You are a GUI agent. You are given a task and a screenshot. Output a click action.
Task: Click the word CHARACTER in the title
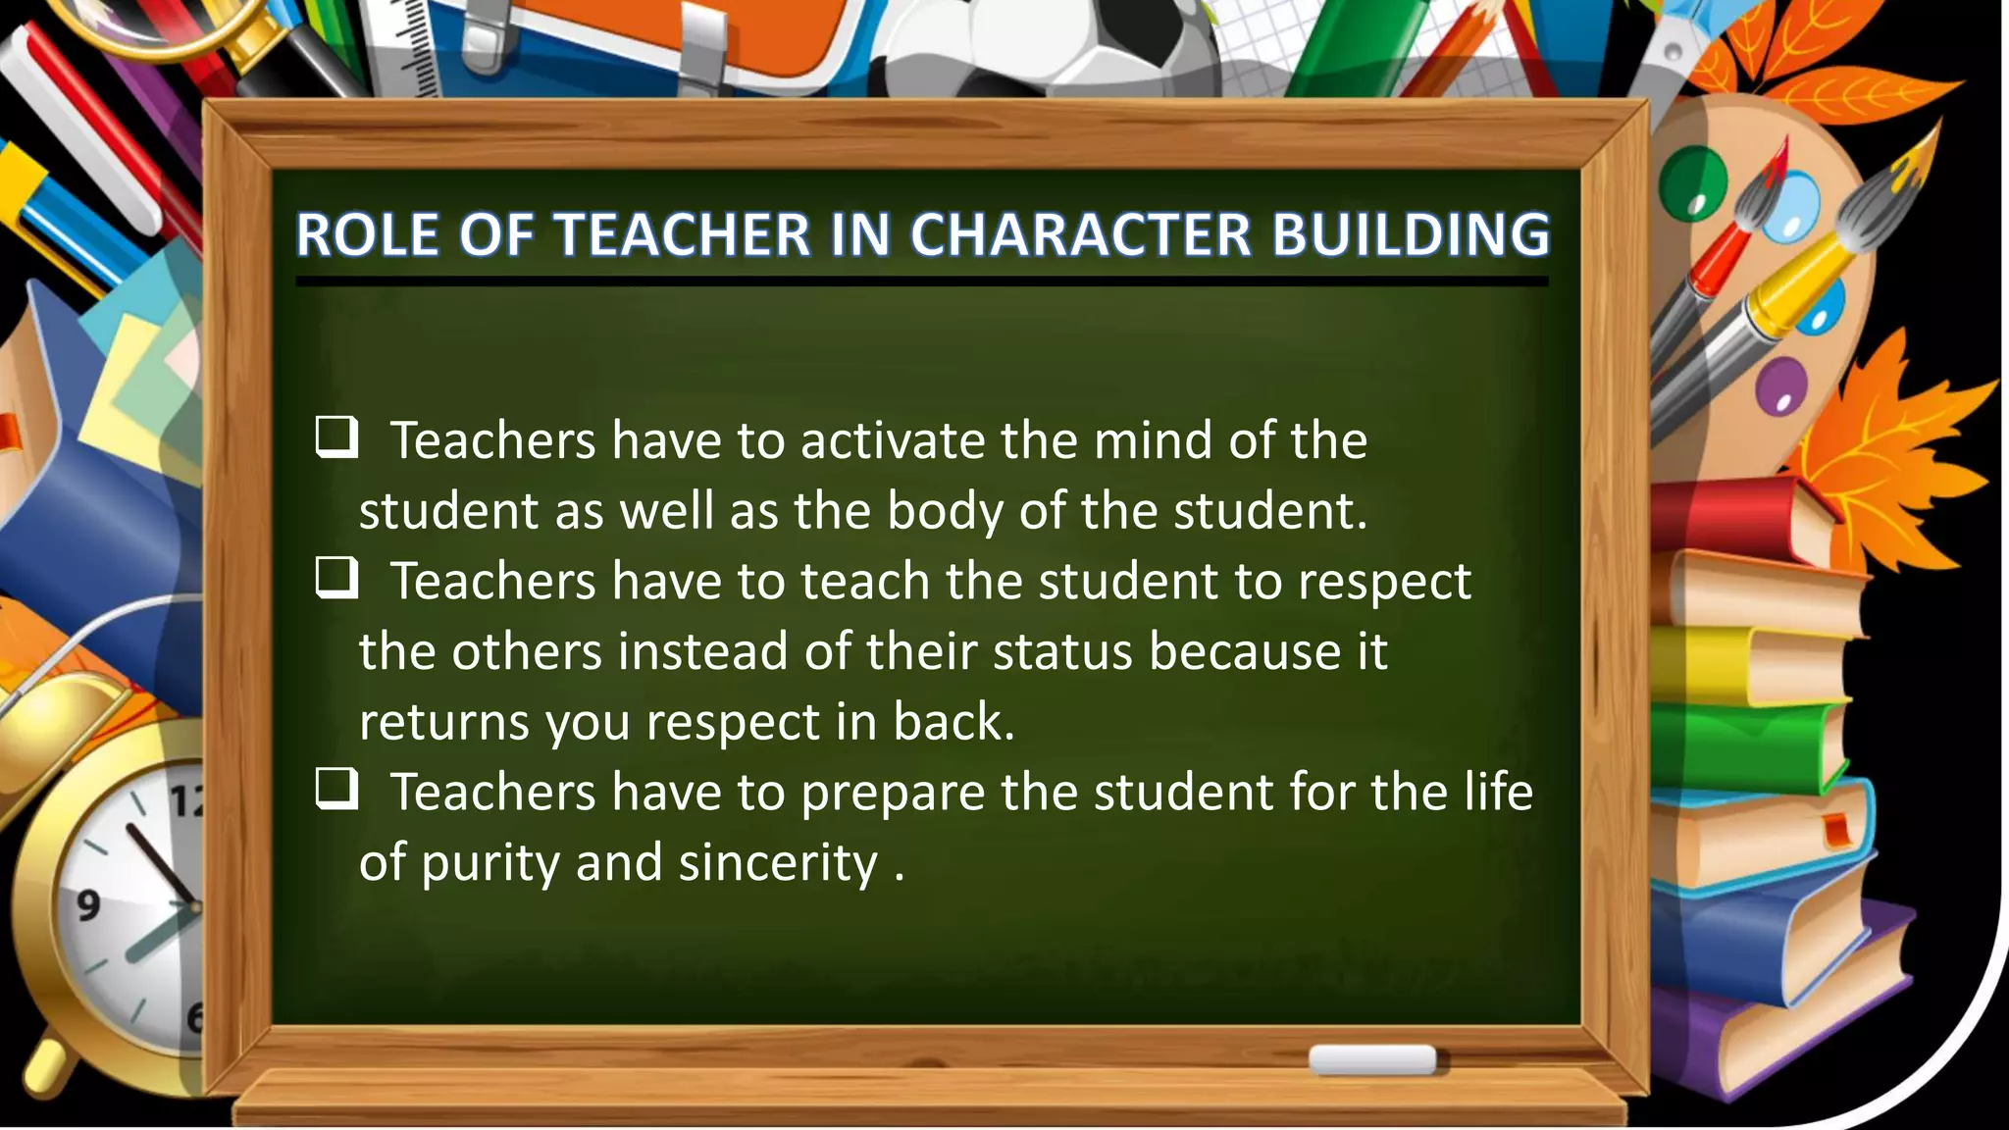click(1080, 235)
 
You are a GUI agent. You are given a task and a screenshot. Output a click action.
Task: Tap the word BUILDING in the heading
click(1411, 235)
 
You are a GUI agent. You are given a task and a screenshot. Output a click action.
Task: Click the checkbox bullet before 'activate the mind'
click(335, 437)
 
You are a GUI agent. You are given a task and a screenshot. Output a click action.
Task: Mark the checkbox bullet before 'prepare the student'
click(335, 789)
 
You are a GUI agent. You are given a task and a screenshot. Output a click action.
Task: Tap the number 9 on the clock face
click(88, 903)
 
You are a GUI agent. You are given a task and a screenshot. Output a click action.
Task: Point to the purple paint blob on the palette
click(1780, 384)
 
